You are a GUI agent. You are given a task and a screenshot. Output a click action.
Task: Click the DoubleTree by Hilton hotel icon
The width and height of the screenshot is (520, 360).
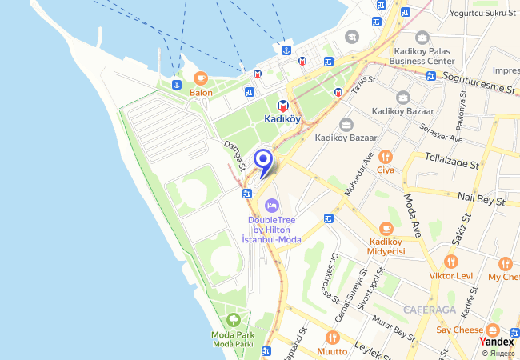pyautogui.click(x=271, y=206)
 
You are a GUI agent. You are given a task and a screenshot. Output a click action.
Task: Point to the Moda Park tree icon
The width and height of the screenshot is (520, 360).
pyautogui.click(x=233, y=321)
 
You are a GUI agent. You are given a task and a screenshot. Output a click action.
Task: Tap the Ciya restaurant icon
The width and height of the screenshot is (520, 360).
pyautogui.click(x=386, y=156)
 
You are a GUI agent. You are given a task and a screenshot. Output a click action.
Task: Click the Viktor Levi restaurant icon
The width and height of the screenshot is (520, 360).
pyautogui.click(x=451, y=262)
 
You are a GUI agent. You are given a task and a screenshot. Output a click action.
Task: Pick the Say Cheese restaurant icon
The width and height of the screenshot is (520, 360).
pyautogui.click(x=492, y=330)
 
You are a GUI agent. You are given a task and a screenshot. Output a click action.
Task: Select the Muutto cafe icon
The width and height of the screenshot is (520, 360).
pyautogui.click(x=332, y=337)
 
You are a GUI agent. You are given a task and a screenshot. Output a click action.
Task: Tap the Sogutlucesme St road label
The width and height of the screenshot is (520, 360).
pyautogui.click(x=477, y=81)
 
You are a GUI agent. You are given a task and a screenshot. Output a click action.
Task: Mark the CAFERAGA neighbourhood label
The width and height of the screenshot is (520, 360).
pyautogui.click(x=430, y=309)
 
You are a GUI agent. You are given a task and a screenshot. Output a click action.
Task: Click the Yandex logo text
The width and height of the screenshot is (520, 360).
pyautogui.click(x=497, y=342)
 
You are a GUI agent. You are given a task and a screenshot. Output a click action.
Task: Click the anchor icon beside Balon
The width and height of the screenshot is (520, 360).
pyautogui.click(x=176, y=84)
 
